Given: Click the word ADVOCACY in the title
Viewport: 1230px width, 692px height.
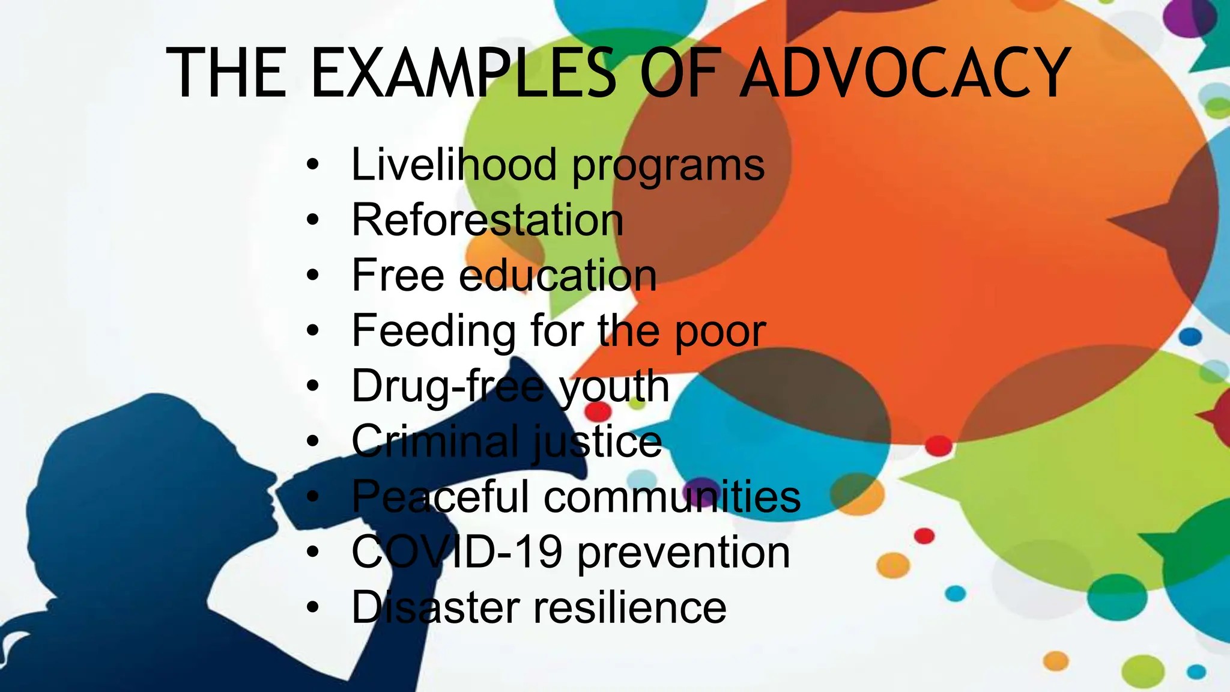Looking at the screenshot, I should (x=904, y=73).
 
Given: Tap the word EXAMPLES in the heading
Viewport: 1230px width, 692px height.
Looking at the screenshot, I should (x=462, y=73).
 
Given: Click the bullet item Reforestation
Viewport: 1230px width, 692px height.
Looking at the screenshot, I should (x=487, y=220).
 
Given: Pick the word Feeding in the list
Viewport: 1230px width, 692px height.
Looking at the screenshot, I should (x=433, y=330).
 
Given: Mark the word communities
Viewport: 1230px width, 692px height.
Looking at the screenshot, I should (x=672, y=497).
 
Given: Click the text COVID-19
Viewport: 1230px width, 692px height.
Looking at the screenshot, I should (x=456, y=552).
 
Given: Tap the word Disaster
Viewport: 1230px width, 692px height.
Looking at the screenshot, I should (x=435, y=607).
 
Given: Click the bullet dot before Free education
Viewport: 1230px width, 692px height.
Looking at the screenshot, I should (x=312, y=275).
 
